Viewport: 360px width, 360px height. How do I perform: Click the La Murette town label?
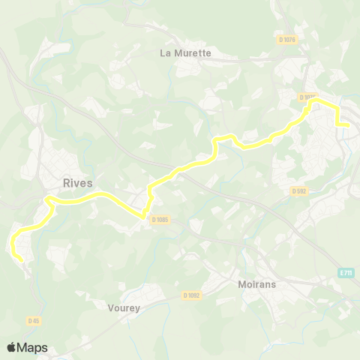pyautogui.click(x=187, y=53)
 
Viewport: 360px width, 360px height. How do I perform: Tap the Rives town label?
pyautogui.click(x=78, y=182)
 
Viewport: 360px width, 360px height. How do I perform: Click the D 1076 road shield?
pyautogui.click(x=286, y=40)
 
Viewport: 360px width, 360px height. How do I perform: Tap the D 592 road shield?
pyautogui.click(x=300, y=190)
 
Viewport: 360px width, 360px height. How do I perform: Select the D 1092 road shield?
pyautogui.click(x=191, y=295)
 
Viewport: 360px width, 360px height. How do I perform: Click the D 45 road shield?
pyautogui.click(x=34, y=321)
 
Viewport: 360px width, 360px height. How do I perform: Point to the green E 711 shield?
pyautogui.click(x=345, y=273)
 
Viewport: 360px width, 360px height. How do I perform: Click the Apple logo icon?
pyautogui.click(x=12, y=347)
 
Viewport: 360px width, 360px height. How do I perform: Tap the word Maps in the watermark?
pyautogui.click(x=32, y=347)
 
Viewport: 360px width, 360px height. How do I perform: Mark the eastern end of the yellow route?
pyautogui.click(x=349, y=125)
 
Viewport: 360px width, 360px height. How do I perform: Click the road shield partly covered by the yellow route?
pyautogui.click(x=306, y=97)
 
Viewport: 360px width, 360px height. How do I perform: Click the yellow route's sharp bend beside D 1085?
pyautogui.click(x=142, y=217)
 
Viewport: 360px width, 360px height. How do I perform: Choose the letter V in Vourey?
pyautogui.click(x=100, y=306)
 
